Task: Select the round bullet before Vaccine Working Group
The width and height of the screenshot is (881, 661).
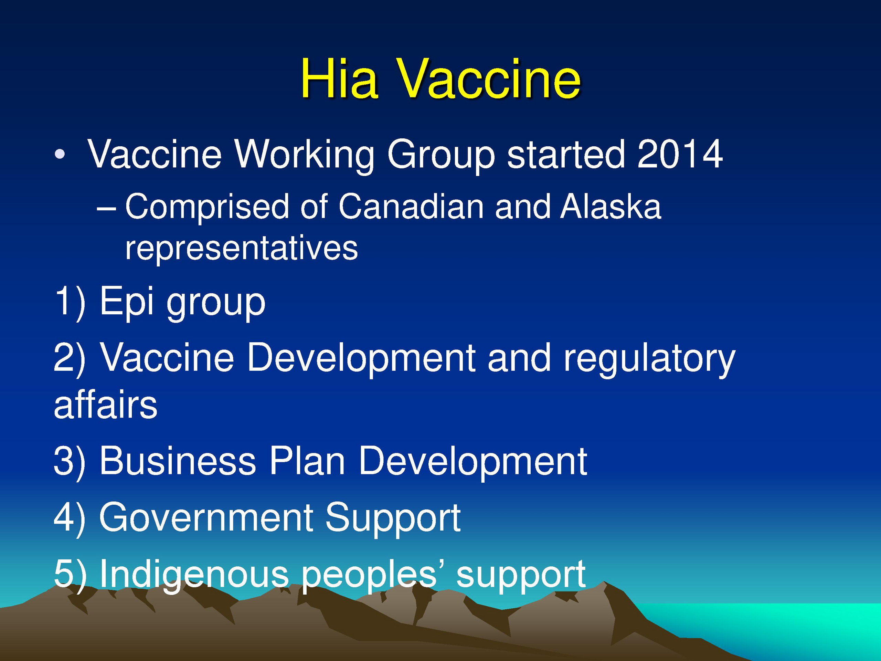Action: tap(60, 154)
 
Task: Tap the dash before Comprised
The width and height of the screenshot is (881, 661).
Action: tap(106, 208)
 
